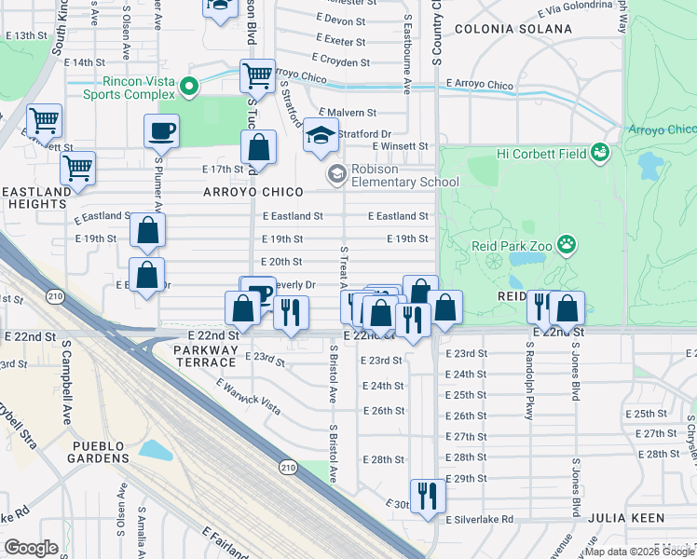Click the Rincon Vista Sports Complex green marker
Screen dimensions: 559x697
[x=191, y=88]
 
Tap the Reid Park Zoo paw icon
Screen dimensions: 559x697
[x=567, y=244]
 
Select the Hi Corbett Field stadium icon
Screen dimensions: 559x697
[x=601, y=151]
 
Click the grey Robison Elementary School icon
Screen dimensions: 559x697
[x=335, y=173]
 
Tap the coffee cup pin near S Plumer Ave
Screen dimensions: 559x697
[x=161, y=130]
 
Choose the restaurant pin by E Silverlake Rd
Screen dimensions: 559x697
[x=427, y=495]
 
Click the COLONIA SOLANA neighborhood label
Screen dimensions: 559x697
[x=512, y=29]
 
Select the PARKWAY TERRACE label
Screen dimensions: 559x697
[x=205, y=355]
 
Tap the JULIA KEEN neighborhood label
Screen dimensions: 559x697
[x=633, y=518]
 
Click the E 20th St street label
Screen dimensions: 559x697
[x=281, y=262]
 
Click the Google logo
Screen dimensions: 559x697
[x=31, y=548]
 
